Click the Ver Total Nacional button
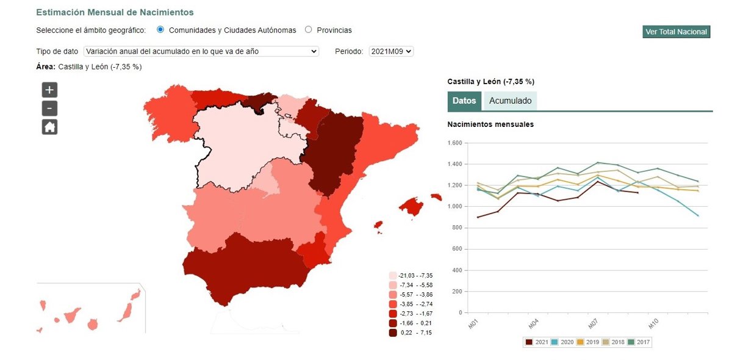point(676,32)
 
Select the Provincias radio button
point(308,29)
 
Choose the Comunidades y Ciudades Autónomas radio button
point(160,29)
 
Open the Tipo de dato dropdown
point(201,51)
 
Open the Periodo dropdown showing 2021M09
point(391,51)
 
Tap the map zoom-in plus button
point(49,90)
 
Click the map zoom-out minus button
point(49,109)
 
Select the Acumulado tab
point(510,101)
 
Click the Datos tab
point(464,101)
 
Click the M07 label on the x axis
point(591,323)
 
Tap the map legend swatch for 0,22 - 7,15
point(393,333)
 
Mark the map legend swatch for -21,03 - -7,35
point(393,276)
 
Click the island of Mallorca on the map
point(412,207)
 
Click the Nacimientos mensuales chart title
point(490,124)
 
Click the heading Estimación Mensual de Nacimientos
point(115,12)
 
